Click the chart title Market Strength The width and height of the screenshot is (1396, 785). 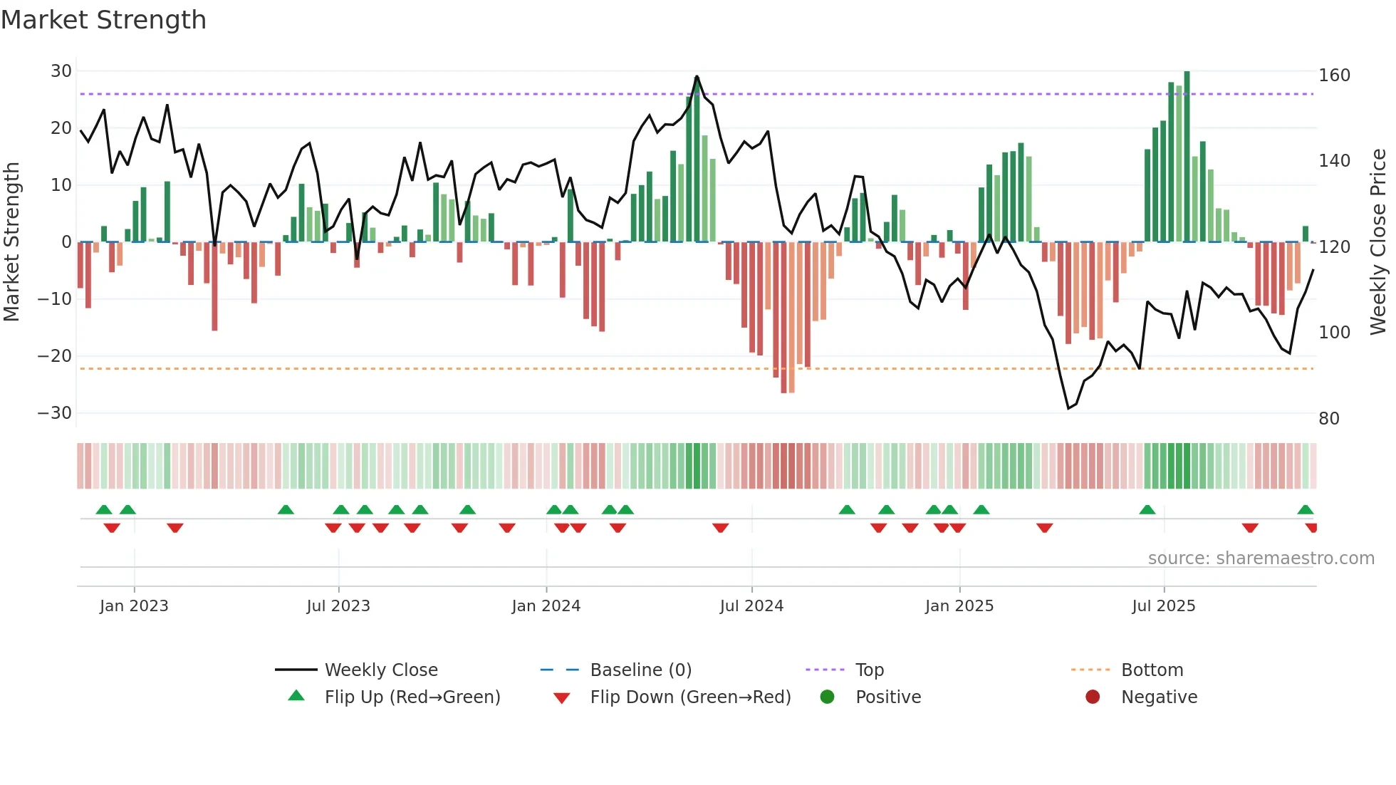coord(103,20)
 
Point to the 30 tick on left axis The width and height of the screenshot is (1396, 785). coord(61,71)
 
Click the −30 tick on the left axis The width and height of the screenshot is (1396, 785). coord(55,413)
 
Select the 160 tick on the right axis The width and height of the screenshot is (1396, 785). coord(1334,76)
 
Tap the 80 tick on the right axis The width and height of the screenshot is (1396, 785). coord(1329,419)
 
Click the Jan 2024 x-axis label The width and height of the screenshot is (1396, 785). coord(546,606)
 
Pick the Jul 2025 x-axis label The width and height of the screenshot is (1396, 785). coord(1163,606)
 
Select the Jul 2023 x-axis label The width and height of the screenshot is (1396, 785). coord(338,606)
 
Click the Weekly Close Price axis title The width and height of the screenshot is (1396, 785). coord(1379,242)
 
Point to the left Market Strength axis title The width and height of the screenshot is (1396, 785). coord(12,242)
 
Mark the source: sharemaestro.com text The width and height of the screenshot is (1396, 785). coord(1261,558)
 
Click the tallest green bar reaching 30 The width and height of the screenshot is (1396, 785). coord(1187,157)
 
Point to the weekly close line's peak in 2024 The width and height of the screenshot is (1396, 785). coord(697,76)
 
